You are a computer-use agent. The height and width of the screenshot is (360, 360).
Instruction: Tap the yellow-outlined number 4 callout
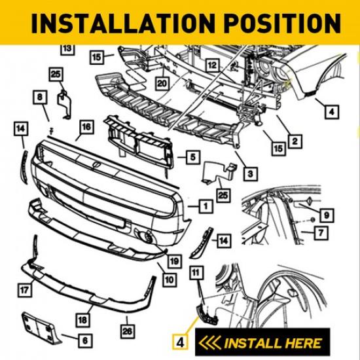pyautogui.click(x=181, y=341)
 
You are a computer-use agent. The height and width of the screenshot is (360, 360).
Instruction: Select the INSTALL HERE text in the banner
pyautogui.click(x=273, y=342)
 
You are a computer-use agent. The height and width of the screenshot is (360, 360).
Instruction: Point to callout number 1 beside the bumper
pyautogui.click(x=205, y=206)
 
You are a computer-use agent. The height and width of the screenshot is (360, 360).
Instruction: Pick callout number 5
pyautogui.click(x=192, y=157)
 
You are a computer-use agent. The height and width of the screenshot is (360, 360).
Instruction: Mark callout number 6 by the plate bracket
pyautogui.click(x=86, y=340)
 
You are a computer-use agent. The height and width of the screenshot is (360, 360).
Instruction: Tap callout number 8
pyautogui.click(x=41, y=98)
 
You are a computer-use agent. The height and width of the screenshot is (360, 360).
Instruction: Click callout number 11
pyautogui.click(x=195, y=271)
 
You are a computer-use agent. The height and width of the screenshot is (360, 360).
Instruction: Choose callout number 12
pyautogui.click(x=211, y=65)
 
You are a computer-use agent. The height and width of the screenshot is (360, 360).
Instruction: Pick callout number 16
pyautogui.click(x=86, y=126)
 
